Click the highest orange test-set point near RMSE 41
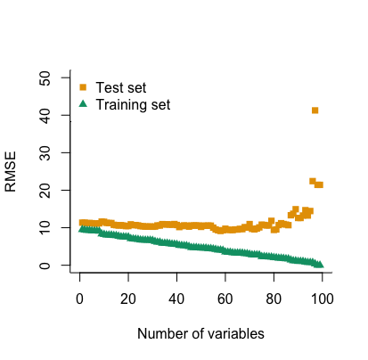point(315,110)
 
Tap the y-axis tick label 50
point(45,78)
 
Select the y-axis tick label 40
point(45,115)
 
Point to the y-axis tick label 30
point(45,152)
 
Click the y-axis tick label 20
point(45,190)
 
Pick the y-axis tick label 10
point(45,227)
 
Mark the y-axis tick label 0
point(45,265)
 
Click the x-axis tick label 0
point(79,299)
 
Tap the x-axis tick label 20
point(128,299)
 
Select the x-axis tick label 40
point(176,299)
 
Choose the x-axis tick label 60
point(225,299)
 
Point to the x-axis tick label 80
point(274,299)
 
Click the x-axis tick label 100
point(323,299)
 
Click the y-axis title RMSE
point(11,172)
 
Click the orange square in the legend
point(83,87)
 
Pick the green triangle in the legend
point(83,103)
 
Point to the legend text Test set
point(121,87)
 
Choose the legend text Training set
point(133,105)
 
